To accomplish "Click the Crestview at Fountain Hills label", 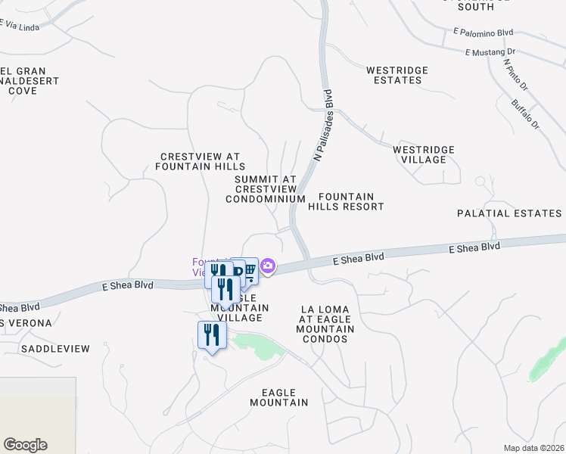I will coord(201,160).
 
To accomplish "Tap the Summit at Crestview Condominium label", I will coord(265,188).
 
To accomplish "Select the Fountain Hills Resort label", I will coord(351,201).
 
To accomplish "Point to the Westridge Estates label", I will coord(397,75).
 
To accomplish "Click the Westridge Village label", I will coord(424,154).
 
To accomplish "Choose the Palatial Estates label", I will coord(509,213).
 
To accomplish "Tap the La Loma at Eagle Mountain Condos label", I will coord(328,324).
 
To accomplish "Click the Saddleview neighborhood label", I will coord(55,349).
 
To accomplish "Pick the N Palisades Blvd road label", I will coord(323,126).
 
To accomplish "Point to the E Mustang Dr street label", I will coord(490,52).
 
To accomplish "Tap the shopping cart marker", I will coord(249,271).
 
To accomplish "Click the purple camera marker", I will coord(269,266).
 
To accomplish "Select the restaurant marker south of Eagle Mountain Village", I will coord(212,335).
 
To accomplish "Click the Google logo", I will coord(25,445).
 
